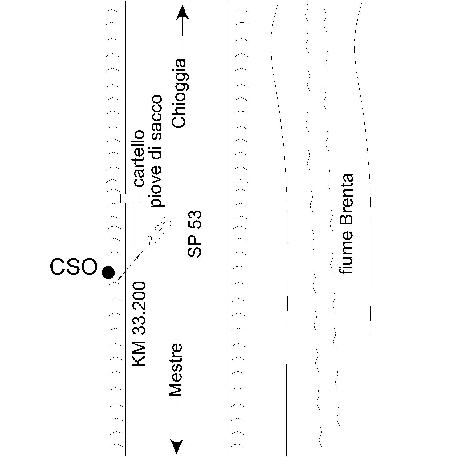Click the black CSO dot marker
(x=108, y=272)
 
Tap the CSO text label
(x=74, y=267)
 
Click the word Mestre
(x=175, y=370)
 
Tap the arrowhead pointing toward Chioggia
(x=182, y=13)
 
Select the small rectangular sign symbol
(x=130, y=198)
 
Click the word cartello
(x=139, y=159)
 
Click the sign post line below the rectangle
(x=133, y=224)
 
